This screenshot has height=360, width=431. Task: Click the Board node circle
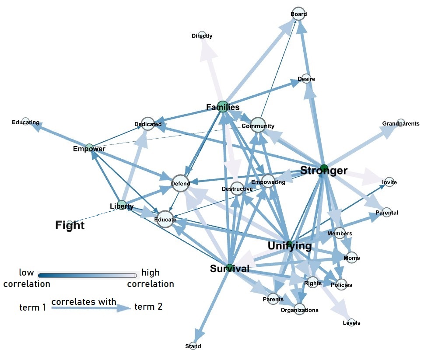pyautogui.click(x=299, y=14)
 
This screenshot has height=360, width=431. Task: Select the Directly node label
pyautogui.click(x=202, y=36)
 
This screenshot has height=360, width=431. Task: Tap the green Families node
pyautogui.click(x=223, y=107)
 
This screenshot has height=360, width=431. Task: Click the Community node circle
pyautogui.click(x=258, y=125)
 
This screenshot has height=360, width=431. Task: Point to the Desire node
pyautogui.click(x=306, y=79)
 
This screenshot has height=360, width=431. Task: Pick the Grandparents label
pyautogui.click(x=401, y=123)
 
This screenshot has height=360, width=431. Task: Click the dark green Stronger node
pyautogui.click(x=324, y=168)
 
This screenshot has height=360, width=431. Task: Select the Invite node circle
pyautogui.click(x=389, y=182)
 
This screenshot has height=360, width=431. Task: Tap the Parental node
pyautogui.click(x=387, y=213)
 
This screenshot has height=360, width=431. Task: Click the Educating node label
pyautogui.click(x=25, y=122)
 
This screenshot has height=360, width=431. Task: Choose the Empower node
pyautogui.click(x=89, y=147)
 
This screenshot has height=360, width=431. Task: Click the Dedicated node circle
pyautogui.click(x=147, y=124)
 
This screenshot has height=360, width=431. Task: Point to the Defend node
pyautogui.click(x=180, y=183)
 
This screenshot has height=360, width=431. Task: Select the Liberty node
pyautogui.click(x=122, y=205)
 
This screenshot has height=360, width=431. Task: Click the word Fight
pyautogui.click(x=70, y=225)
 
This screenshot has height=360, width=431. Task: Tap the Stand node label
pyautogui.click(x=193, y=346)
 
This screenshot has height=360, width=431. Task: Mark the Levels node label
pyautogui.click(x=351, y=323)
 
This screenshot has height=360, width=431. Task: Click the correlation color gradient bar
pyautogui.click(x=88, y=276)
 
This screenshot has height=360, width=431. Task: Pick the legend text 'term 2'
pyautogui.click(x=148, y=306)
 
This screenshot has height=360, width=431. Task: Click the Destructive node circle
pyautogui.click(x=237, y=189)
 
